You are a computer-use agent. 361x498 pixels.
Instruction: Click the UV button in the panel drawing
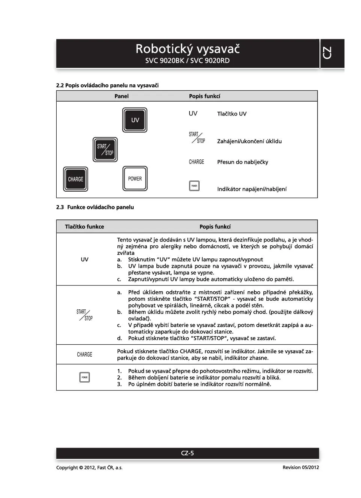click(x=135, y=120)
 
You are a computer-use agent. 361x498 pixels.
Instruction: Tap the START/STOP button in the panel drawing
click(x=105, y=150)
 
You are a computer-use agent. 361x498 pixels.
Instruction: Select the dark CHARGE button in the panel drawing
click(x=75, y=179)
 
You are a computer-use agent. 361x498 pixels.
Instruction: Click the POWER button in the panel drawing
click(x=135, y=179)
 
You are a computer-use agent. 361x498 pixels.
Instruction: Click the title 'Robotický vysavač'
click(x=188, y=49)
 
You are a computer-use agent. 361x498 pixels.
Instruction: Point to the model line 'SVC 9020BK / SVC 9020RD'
click(x=188, y=61)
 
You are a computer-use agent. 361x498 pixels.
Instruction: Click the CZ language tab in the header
click(x=327, y=53)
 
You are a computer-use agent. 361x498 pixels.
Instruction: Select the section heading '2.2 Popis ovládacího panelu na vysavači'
click(x=107, y=85)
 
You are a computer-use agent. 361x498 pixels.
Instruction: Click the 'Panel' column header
click(x=122, y=96)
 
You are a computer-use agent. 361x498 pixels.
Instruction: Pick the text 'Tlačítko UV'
click(x=232, y=114)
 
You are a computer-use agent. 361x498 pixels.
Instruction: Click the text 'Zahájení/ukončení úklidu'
click(x=249, y=141)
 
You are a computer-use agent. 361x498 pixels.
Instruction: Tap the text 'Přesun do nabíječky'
click(x=242, y=162)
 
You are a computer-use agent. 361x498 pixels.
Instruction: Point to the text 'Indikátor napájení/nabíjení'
click(x=252, y=189)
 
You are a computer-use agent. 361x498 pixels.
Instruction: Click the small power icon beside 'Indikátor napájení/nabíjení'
click(x=194, y=186)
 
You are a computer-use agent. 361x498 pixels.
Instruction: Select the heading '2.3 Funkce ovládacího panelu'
click(x=95, y=207)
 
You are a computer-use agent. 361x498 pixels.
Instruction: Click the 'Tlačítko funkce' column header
click(x=84, y=227)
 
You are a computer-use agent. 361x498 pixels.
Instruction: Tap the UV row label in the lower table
click(x=84, y=259)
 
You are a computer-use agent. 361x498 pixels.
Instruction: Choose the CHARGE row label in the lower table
click(x=84, y=354)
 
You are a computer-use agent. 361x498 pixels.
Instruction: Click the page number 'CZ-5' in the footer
click(x=187, y=453)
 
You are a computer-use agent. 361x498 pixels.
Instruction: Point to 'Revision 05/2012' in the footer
click(x=301, y=468)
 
